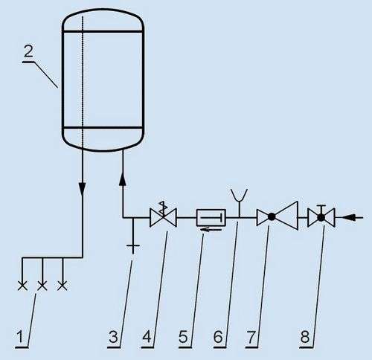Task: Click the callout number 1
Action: point(21,336)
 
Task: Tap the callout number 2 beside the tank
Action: point(28,51)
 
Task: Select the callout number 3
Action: point(114,337)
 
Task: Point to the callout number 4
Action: point(147,337)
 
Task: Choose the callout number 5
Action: point(183,337)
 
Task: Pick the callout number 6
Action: point(218,337)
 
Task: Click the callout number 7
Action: point(251,337)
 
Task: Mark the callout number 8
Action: point(305,337)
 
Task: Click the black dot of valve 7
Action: point(272,217)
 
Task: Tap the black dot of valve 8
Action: point(321,218)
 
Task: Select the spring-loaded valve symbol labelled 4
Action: point(163,214)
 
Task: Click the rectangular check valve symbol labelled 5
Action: point(211,218)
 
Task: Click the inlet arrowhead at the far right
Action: point(350,218)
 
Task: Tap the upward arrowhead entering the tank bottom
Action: point(123,179)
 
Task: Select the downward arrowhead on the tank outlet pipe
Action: point(82,189)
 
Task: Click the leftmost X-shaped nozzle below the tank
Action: point(22,286)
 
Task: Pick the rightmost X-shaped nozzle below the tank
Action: point(62,286)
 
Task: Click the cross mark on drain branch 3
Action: point(133,246)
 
